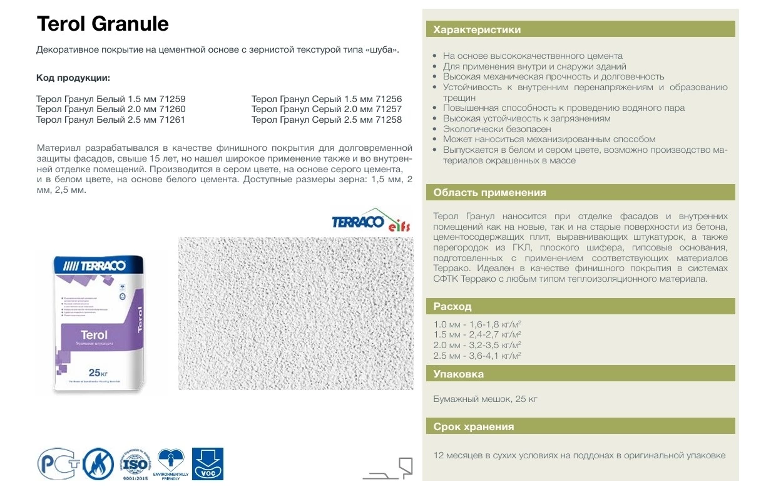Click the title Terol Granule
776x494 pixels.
point(103,24)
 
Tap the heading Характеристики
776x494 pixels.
point(477,29)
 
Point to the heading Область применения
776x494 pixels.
point(489,193)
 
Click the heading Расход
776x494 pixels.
point(452,307)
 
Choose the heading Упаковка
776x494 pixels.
point(458,374)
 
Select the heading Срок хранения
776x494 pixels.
point(474,427)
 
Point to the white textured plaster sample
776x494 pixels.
point(295,313)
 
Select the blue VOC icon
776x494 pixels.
point(207,464)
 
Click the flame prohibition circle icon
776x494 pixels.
point(98,464)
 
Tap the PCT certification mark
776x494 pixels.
point(57,464)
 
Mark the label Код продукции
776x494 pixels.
point(73,78)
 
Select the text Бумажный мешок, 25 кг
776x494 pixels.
point(485,399)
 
